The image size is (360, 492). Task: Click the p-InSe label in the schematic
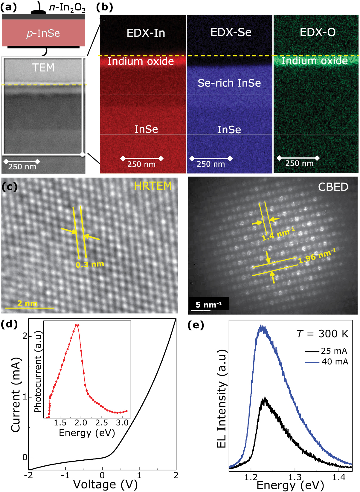point(43,33)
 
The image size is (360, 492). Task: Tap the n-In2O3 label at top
point(67,7)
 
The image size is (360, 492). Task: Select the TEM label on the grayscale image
point(43,68)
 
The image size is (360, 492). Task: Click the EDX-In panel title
point(146,33)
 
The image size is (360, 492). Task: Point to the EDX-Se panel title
point(231,32)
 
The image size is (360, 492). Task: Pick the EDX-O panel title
point(318,32)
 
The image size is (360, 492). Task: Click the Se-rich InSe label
point(229,83)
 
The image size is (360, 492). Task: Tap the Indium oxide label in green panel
point(315,61)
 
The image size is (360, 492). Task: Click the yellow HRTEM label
point(153,186)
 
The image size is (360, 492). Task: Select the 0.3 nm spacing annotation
point(90,264)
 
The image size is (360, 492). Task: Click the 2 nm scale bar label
point(27,303)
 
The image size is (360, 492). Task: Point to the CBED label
point(333,187)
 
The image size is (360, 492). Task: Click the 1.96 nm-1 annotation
point(317,256)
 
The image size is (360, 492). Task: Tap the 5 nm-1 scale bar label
point(208,305)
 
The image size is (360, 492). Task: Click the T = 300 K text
point(323,334)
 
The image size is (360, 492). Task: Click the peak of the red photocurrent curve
point(77,325)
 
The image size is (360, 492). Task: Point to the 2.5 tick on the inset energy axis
point(101,423)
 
